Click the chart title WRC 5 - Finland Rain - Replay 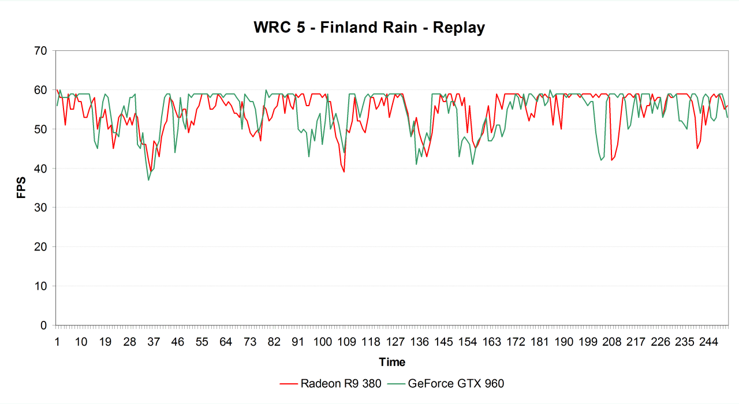(x=369, y=27)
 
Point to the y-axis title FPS (x=21, y=188)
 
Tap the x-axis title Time (x=392, y=362)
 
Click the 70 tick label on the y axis (x=40, y=51)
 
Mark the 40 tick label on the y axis (x=40, y=169)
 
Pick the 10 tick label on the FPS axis (x=40, y=286)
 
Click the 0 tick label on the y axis (x=43, y=326)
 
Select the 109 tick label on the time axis (x=346, y=342)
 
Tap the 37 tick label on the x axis (x=154, y=342)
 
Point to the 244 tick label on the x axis (x=709, y=342)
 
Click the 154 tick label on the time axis (x=467, y=342)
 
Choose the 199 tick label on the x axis (x=588, y=342)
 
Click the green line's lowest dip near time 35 (x=148, y=180)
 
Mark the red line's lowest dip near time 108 (x=344, y=172)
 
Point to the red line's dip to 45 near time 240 (x=697, y=148)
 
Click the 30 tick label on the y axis (x=40, y=208)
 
